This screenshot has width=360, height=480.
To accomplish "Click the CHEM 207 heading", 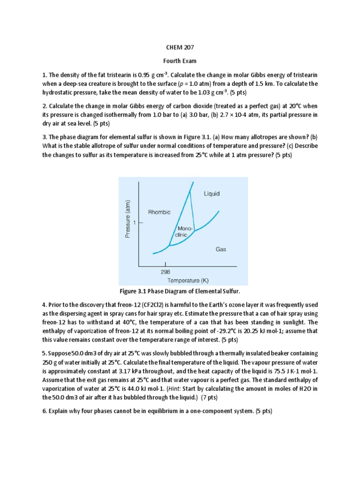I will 180,47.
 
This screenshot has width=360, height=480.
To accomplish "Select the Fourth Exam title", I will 180,61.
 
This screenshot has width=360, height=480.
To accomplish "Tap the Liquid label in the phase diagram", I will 211,193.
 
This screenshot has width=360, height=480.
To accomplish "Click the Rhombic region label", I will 159,212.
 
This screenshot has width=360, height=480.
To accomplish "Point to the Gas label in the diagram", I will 221,249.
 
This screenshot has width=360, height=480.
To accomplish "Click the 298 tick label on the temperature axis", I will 165,271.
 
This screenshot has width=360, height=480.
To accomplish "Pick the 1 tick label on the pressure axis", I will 135,223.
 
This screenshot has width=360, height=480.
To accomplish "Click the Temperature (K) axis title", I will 188,280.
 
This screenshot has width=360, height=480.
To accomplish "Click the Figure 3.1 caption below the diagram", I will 180,292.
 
